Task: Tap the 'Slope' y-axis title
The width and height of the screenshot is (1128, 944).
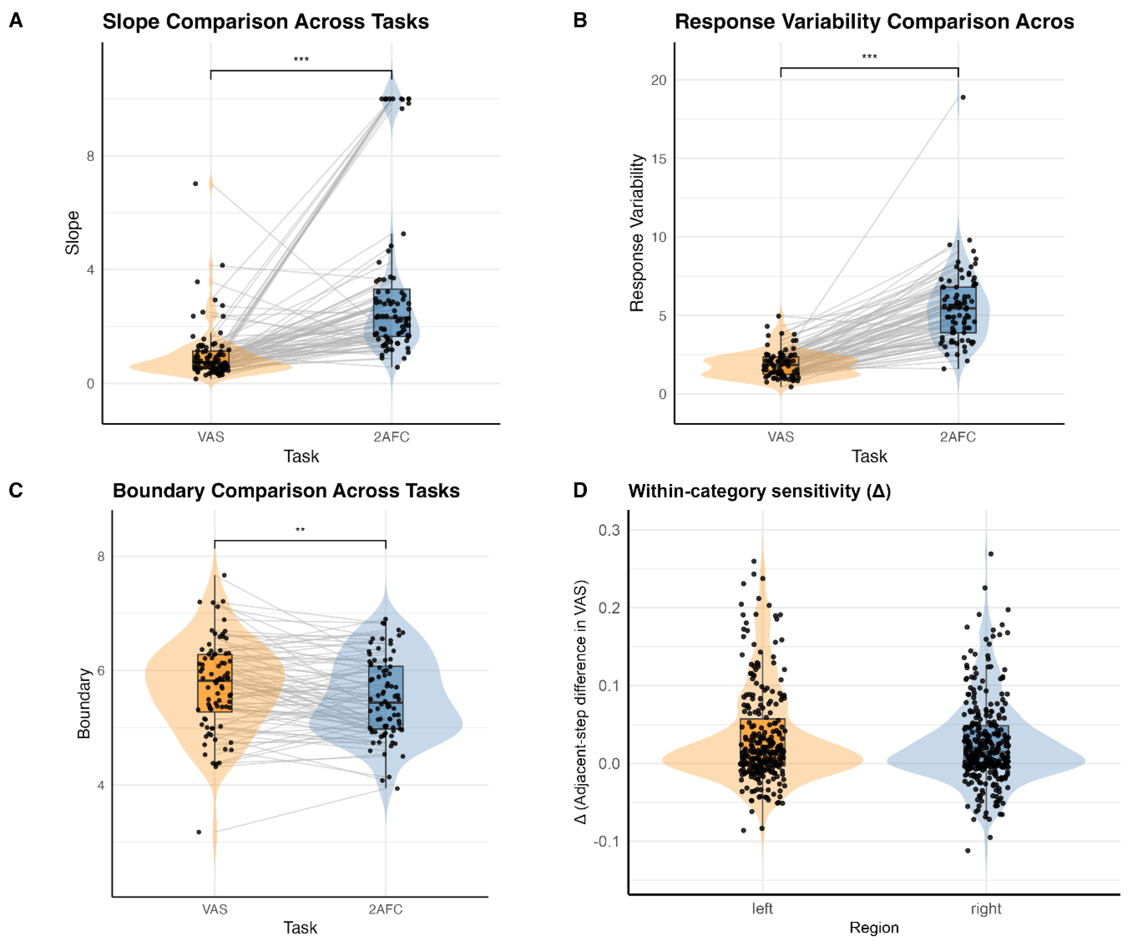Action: pyautogui.click(x=73, y=233)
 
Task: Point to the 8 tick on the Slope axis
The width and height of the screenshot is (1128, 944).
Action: pyautogui.click(x=90, y=156)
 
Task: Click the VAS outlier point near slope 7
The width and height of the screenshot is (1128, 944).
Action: pyautogui.click(x=196, y=184)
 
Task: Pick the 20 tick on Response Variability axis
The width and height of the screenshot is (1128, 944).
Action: pyautogui.click(x=659, y=81)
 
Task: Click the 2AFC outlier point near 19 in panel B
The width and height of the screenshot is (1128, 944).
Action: pyautogui.click(x=963, y=97)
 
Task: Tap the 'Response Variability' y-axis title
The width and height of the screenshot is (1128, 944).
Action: pyautogui.click(x=637, y=233)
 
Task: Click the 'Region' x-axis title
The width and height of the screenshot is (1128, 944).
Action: pyautogui.click(x=874, y=928)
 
